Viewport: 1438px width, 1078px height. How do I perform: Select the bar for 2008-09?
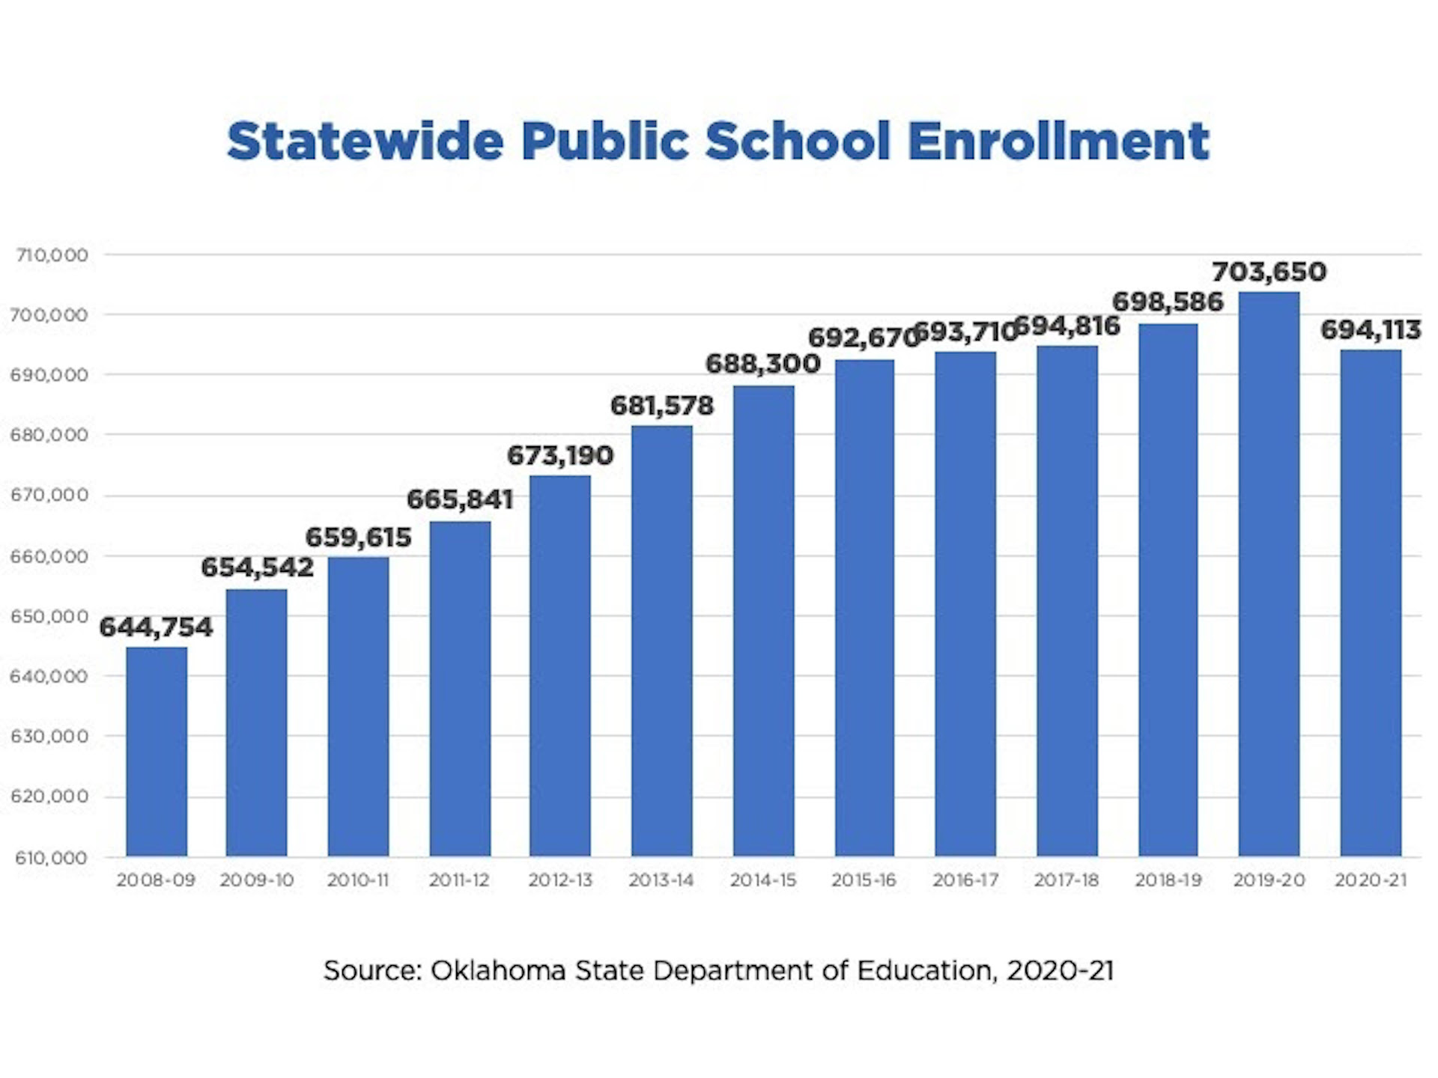tap(157, 752)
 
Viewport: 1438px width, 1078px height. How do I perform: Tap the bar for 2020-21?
tap(1371, 603)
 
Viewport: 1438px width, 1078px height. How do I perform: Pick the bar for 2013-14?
tap(662, 641)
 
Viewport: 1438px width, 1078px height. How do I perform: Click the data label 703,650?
tap(1269, 272)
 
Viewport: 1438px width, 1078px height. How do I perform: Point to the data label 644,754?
tap(157, 627)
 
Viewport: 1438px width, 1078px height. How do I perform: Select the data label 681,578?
tap(662, 406)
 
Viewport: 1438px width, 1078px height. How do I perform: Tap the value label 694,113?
tap(1371, 330)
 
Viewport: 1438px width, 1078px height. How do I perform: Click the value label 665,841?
tap(460, 499)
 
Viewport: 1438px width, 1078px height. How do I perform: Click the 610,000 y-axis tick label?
tap(51, 858)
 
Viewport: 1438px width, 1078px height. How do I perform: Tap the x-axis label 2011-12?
tap(459, 880)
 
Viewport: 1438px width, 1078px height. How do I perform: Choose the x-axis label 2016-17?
tap(965, 880)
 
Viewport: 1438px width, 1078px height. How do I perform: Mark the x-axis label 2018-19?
tap(1168, 880)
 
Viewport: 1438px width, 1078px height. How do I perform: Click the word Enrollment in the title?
tap(1058, 141)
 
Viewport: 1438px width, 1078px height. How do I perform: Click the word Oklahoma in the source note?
tap(498, 971)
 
